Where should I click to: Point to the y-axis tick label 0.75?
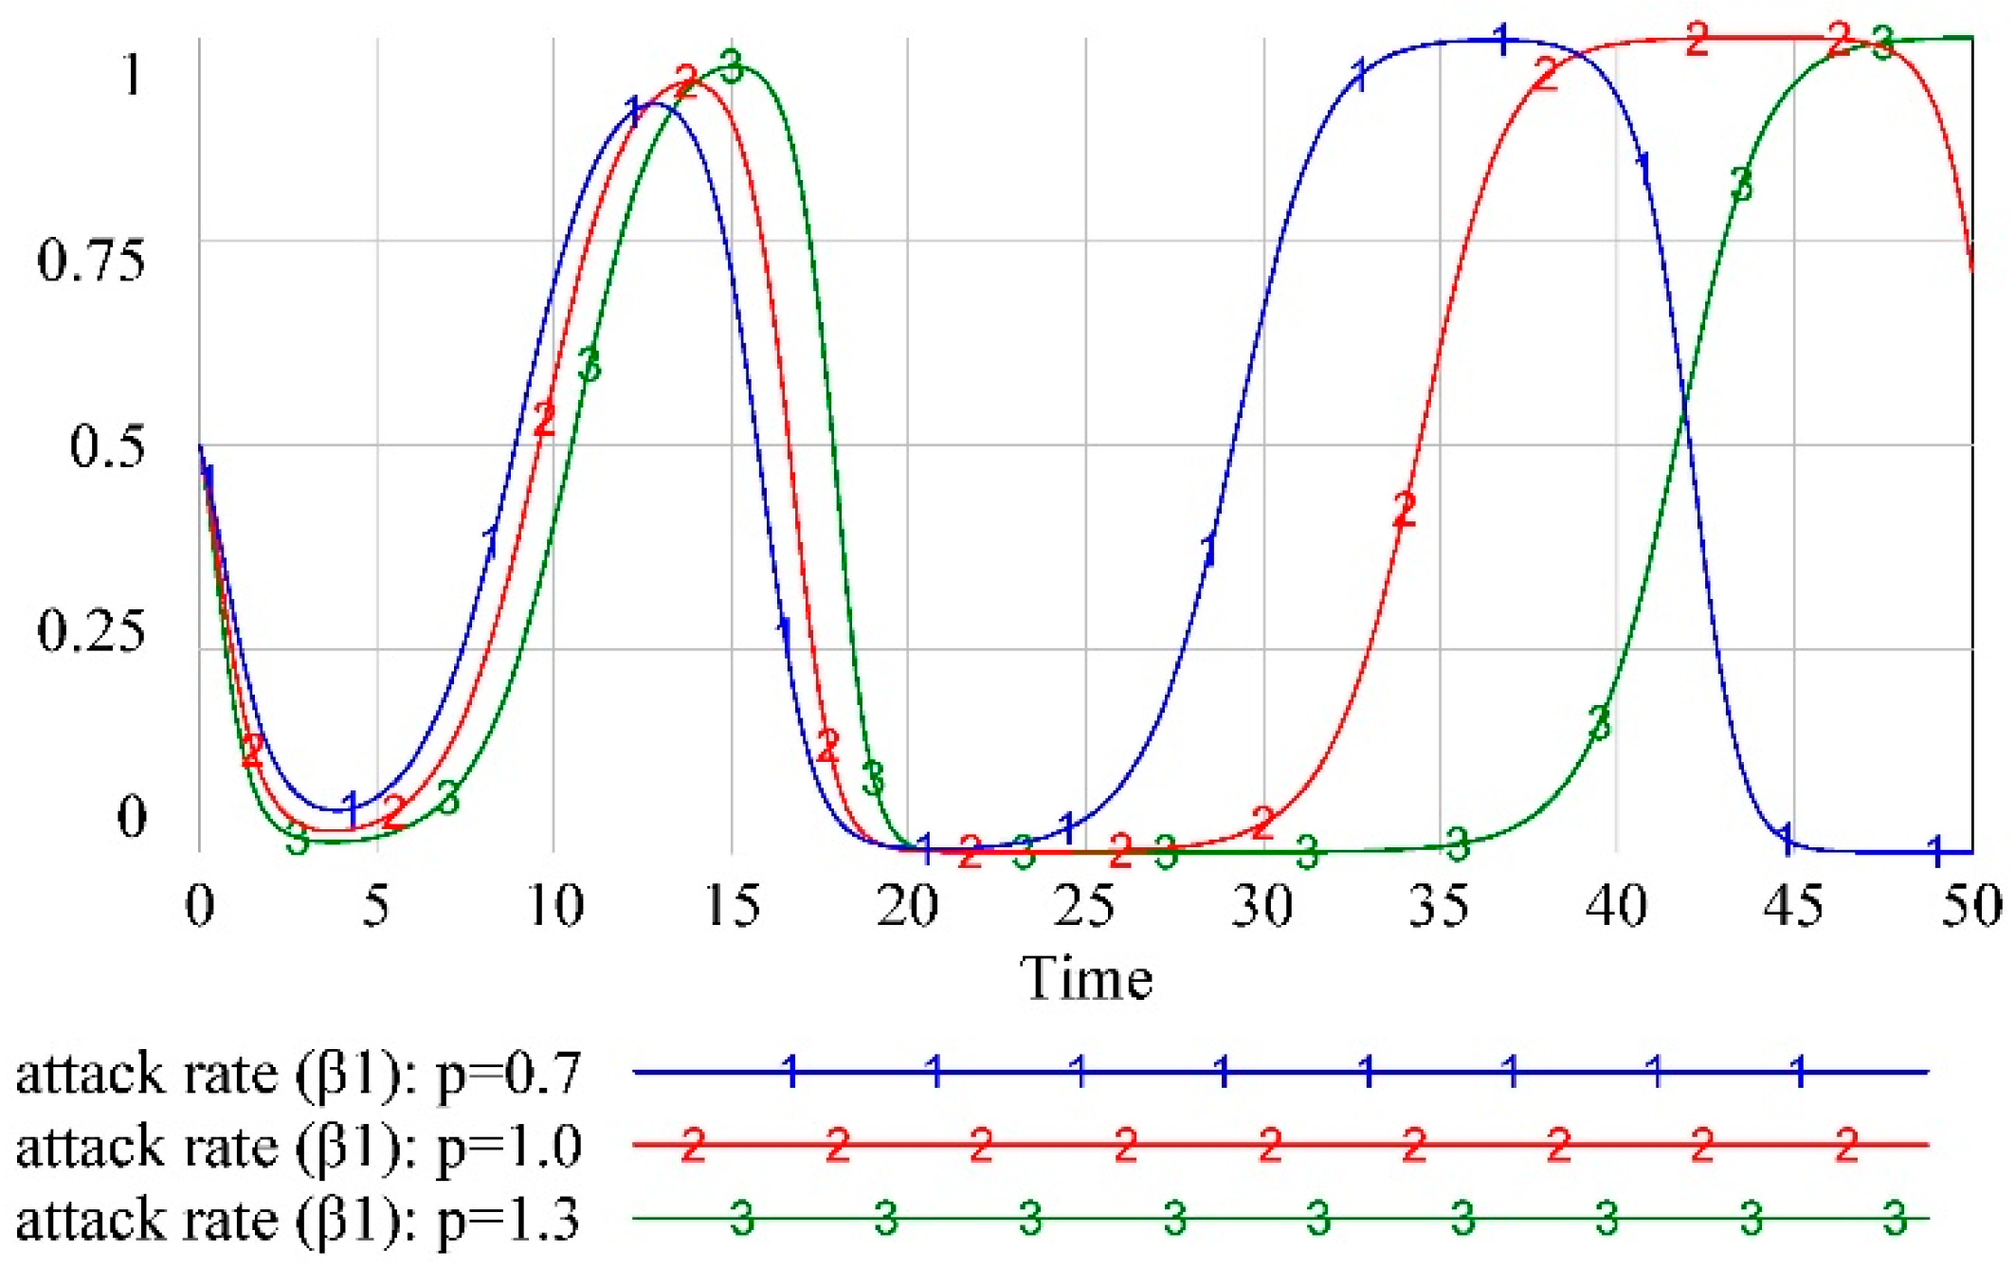91,260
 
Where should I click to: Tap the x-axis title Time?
1086,978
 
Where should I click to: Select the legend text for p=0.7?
298,1074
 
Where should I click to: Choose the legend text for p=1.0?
298,1146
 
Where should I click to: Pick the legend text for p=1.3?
298,1219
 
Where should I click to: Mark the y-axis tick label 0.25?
91,630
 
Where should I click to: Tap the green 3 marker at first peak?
731,67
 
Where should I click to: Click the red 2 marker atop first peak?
686,81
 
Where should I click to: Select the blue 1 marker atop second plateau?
1501,41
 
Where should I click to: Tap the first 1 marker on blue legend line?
791,1072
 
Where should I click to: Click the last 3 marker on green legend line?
1894,1218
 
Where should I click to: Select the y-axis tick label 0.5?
107,445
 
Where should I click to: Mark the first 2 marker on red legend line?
693,1146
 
